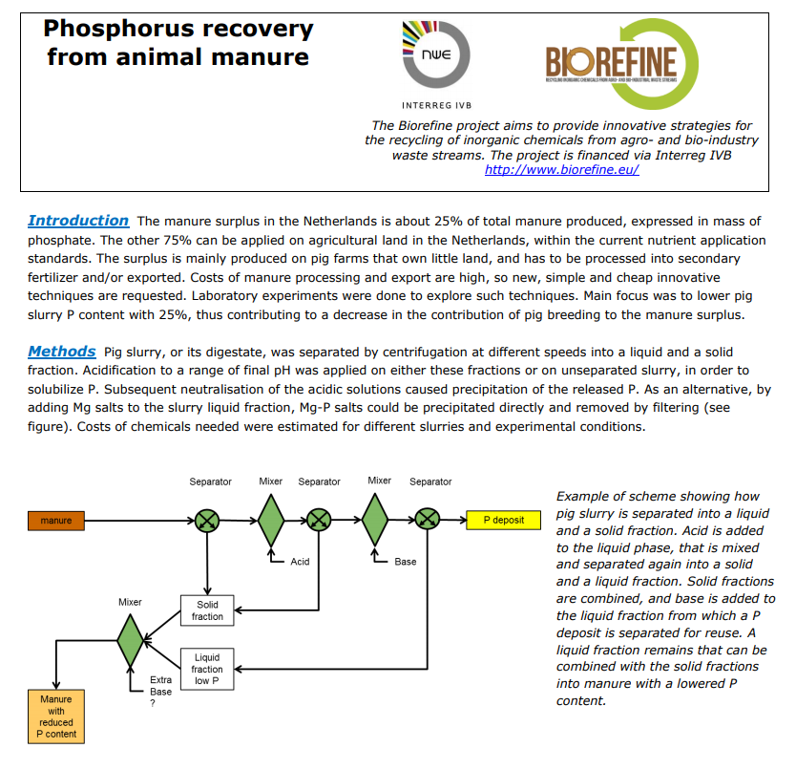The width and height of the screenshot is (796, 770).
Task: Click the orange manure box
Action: (x=56, y=521)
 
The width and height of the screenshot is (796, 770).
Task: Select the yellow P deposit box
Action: (x=504, y=520)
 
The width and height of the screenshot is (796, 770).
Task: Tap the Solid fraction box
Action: (x=207, y=610)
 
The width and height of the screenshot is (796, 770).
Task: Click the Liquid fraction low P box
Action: (x=207, y=669)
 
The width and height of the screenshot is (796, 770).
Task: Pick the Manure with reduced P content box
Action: (x=56, y=717)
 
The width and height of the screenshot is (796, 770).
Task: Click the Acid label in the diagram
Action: (x=300, y=562)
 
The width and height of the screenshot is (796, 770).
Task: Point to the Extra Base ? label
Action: (x=160, y=692)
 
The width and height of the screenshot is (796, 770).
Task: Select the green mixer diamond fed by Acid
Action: (x=271, y=521)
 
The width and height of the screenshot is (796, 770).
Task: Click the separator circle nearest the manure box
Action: (x=207, y=521)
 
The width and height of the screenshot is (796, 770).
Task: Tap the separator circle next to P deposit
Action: (x=428, y=520)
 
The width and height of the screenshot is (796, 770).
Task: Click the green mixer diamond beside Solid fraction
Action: (x=131, y=640)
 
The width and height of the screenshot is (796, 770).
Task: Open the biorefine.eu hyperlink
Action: (x=561, y=170)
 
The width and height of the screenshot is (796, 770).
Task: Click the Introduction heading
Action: (x=78, y=221)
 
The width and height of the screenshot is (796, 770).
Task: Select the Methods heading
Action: (x=61, y=352)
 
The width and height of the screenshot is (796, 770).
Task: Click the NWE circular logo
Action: (x=435, y=53)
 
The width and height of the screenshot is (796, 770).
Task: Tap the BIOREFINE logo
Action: (x=622, y=64)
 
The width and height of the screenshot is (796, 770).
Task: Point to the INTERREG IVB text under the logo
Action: (x=436, y=106)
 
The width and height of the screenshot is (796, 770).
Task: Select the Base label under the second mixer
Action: (x=405, y=562)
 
